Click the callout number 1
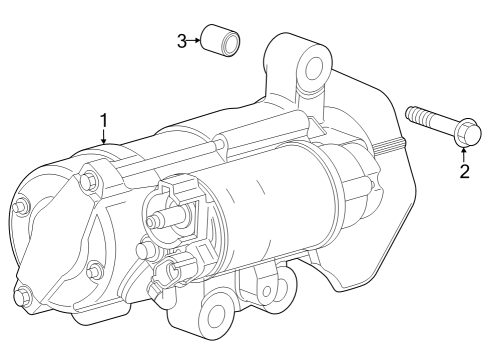click(103, 121)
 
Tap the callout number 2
click(464, 171)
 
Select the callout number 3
click(182, 40)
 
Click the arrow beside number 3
click(195, 40)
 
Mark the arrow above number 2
click(464, 153)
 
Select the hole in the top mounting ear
click(315, 68)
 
